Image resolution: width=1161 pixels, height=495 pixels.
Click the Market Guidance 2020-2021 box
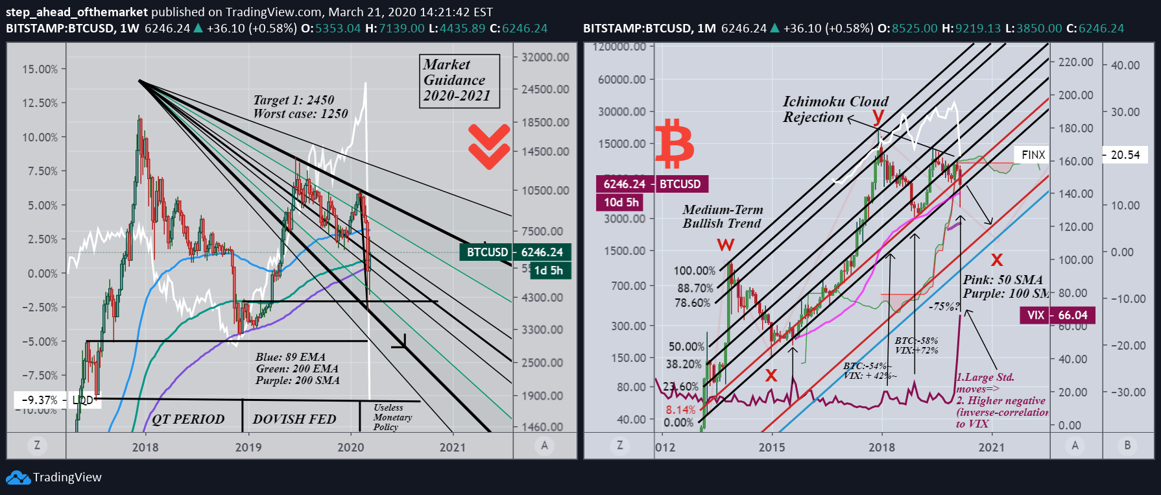459,80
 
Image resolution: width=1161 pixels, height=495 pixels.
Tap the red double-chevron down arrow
489,146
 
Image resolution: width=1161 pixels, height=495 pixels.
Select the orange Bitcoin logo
675,143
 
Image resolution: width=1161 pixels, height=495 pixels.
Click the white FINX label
1033,154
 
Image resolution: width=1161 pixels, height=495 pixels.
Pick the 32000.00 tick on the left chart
545,57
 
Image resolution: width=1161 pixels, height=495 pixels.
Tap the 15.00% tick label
40,69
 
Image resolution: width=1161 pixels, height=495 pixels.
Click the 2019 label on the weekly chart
248,447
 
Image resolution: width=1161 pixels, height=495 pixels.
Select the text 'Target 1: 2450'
294,100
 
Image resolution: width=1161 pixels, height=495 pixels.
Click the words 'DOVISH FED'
294,419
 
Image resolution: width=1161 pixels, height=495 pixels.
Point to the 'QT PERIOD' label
188,419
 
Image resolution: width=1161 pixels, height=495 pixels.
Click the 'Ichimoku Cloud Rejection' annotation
834,109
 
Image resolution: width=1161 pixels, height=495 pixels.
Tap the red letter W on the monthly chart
726,245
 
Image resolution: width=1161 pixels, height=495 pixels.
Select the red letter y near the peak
878,115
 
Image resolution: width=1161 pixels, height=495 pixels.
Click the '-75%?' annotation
944,306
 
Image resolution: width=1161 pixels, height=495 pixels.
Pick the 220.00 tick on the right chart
1075,62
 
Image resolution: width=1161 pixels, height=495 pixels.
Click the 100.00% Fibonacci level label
694,271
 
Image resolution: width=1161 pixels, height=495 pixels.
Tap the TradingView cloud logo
18,477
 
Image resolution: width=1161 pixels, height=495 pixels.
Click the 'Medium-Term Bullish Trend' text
723,216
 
